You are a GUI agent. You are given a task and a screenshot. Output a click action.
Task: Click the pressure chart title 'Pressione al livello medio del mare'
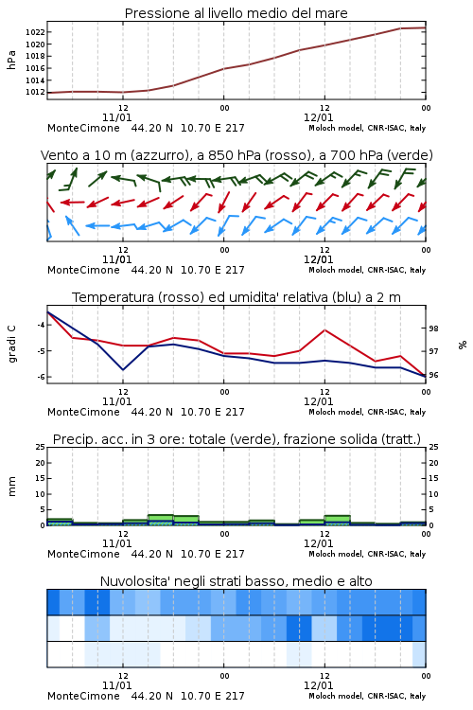click(236, 13)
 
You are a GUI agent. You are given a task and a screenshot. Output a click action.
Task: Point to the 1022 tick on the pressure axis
click(35, 32)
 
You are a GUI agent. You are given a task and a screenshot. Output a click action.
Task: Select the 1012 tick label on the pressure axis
click(35, 93)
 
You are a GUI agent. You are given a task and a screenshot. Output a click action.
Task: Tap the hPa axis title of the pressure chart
click(11, 60)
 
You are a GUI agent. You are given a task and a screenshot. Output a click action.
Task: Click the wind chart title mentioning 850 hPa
click(236, 155)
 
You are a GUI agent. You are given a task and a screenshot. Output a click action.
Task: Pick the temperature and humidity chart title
click(236, 297)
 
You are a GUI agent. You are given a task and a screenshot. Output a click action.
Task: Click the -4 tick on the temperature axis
click(41, 325)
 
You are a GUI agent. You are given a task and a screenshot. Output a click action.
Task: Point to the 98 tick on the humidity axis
click(433, 328)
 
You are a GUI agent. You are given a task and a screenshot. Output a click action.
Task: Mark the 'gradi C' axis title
click(11, 344)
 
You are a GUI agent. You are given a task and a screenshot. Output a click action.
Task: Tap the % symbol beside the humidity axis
click(463, 345)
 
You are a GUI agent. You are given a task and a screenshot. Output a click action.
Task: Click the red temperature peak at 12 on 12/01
click(324, 330)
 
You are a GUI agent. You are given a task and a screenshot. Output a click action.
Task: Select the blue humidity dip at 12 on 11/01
click(123, 369)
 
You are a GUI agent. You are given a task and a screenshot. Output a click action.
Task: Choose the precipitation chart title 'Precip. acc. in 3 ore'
click(236, 439)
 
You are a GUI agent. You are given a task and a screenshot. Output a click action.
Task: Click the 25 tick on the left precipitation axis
click(41, 447)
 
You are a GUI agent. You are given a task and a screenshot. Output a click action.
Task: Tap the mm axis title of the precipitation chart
click(11, 487)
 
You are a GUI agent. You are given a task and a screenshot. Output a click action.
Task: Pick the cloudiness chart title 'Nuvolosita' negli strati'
click(236, 581)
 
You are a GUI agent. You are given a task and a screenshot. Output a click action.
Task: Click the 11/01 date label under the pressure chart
click(116, 117)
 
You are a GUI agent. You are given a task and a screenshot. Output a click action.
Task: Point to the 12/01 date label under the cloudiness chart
click(318, 685)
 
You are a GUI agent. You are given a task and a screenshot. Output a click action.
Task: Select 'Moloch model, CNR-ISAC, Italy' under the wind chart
click(367, 270)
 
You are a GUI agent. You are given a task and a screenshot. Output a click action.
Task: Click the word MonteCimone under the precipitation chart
click(83, 554)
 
